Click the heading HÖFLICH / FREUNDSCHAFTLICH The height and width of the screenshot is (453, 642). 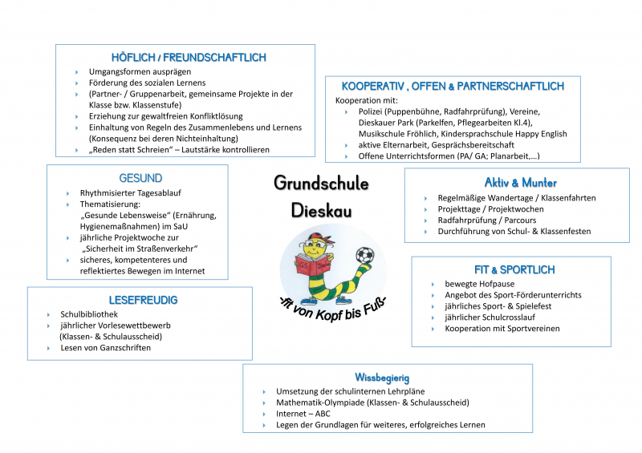point(189,58)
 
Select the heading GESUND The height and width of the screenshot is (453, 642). point(140,178)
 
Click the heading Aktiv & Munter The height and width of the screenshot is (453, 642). point(520,183)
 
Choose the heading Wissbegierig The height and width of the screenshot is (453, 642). point(383,377)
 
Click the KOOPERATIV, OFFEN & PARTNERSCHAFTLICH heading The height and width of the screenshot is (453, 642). point(453,87)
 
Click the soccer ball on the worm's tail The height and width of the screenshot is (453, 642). point(364,256)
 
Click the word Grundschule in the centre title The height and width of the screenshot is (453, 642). point(321,183)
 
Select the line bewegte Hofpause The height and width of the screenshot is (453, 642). point(480,284)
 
